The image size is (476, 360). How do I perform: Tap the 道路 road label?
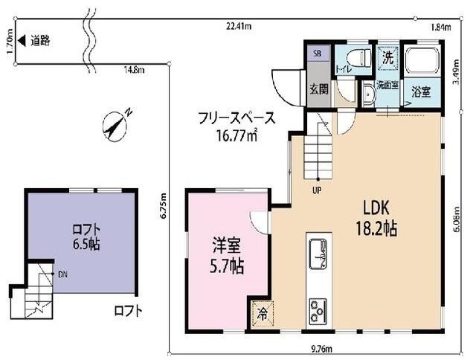pos(40,40)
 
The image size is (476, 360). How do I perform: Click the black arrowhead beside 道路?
pos(22,40)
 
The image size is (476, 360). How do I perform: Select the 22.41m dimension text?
pos(239,27)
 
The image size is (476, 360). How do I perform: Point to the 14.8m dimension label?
pos(134,70)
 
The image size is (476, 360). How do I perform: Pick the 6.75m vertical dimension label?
pos(164,205)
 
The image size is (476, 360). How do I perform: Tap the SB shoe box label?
pos(318,54)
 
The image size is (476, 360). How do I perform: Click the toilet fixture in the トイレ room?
pos(359,59)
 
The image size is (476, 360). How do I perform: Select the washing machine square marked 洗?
pos(387,58)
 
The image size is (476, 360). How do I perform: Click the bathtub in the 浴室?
pos(422,61)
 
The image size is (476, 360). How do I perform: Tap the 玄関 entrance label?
pos(319,89)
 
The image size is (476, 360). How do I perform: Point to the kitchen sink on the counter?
pos(318,254)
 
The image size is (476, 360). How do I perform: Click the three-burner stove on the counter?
pos(318,312)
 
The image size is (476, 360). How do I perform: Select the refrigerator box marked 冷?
pos(263,314)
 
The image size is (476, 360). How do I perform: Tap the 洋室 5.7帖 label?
pos(227,256)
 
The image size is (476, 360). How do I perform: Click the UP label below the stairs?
pos(317,190)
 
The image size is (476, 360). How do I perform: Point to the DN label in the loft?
pos(62,274)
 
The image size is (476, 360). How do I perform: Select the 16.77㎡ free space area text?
pos(237,135)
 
